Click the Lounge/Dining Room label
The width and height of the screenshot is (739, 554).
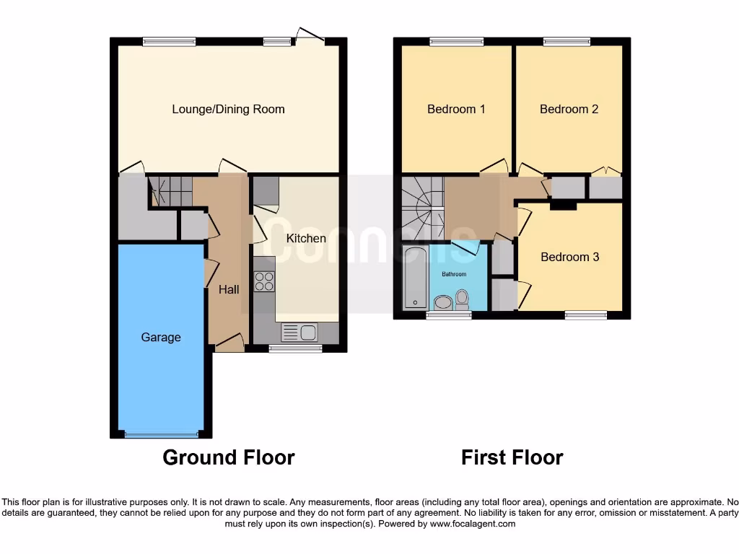point(228,109)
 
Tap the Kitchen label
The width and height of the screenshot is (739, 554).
point(306,238)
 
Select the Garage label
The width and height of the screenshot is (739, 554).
point(161,337)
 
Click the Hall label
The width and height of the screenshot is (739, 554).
point(229,289)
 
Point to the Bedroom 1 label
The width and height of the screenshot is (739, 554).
point(456,109)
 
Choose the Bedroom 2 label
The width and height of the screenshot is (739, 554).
point(569,109)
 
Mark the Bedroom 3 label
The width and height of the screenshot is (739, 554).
point(569,257)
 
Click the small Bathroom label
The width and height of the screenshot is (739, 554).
point(454,274)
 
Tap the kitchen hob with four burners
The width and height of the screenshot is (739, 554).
point(264,281)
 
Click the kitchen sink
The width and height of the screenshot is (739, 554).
point(299,333)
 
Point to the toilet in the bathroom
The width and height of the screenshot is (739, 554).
point(462,299)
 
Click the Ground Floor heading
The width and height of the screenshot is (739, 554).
point(228,457)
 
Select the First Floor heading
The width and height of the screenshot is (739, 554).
point(512,457)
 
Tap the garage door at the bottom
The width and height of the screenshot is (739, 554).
point(161,434)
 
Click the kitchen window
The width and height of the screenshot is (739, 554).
point(295,348)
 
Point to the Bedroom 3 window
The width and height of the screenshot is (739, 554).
point(585,315)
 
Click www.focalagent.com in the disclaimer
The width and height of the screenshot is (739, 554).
point(472,524)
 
